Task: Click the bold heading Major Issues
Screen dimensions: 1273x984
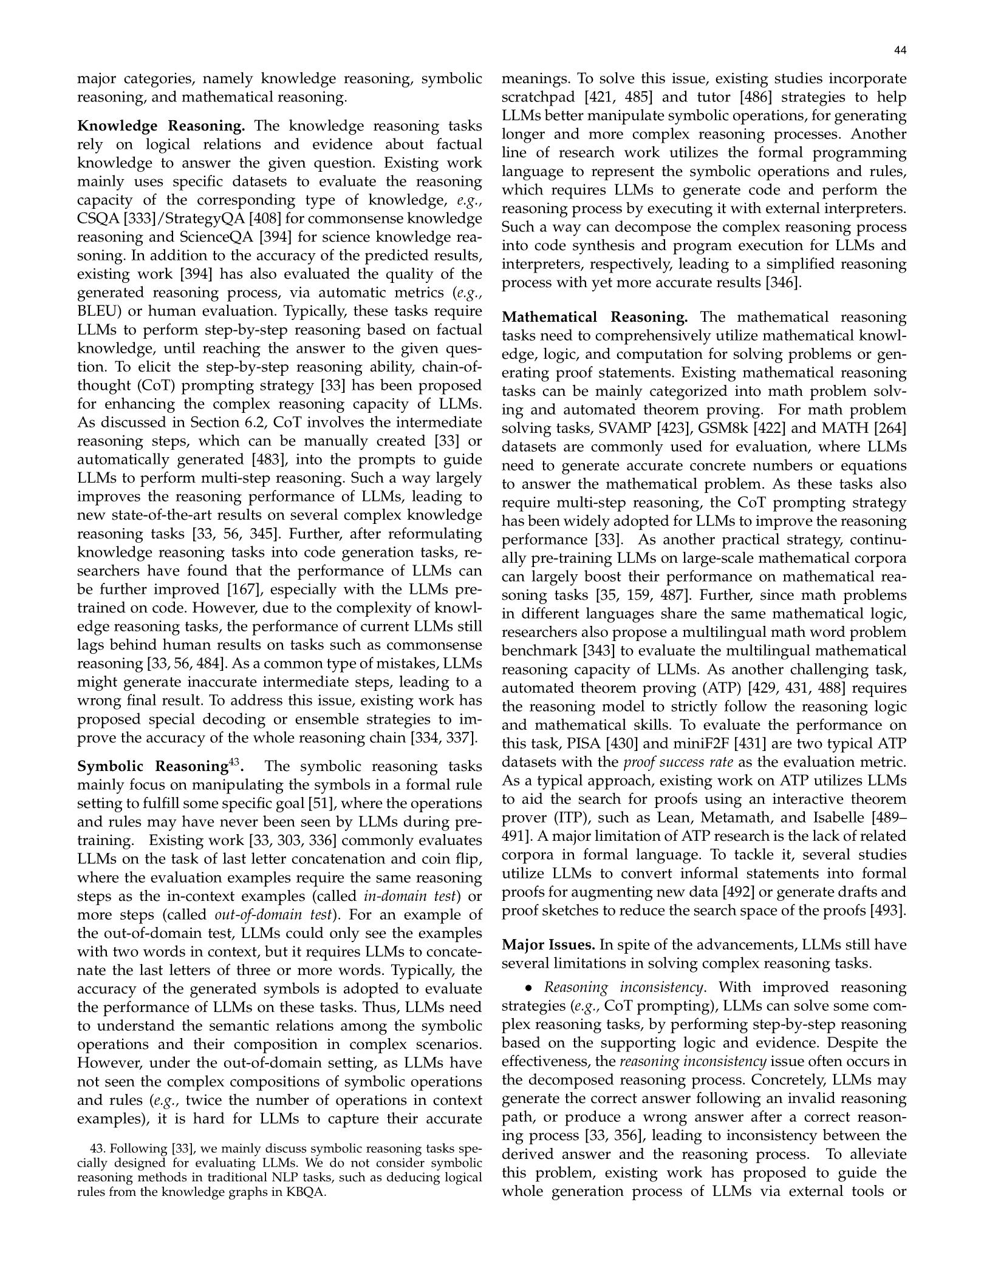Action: (x=548, y=945)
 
